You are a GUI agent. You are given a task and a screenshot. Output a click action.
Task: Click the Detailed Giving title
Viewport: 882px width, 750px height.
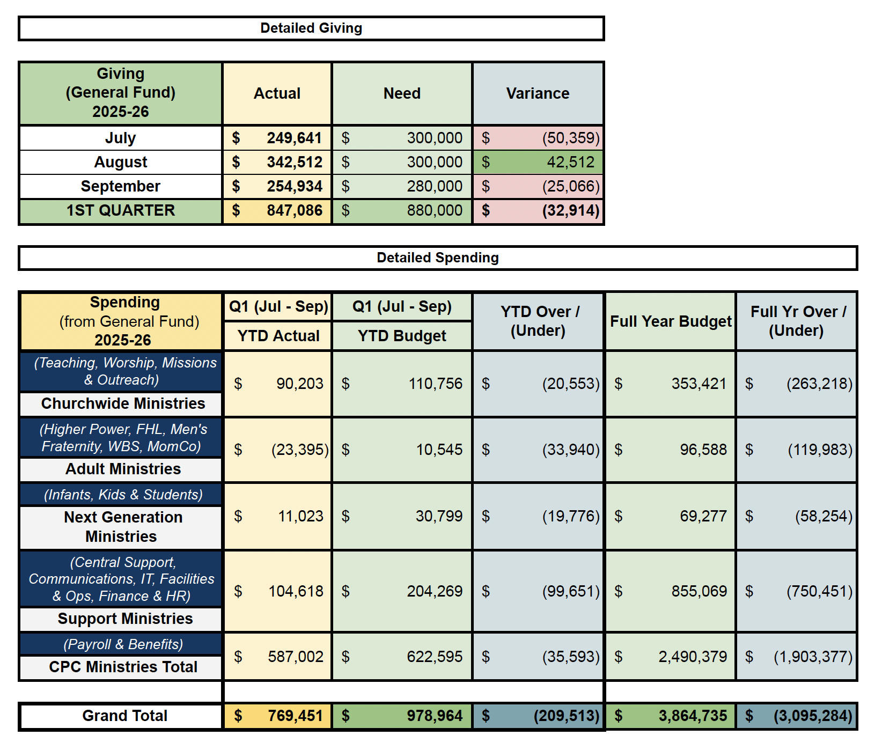[x=311, y=28]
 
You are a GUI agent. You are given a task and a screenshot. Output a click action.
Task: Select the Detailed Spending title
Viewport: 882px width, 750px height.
[x=438, y=258]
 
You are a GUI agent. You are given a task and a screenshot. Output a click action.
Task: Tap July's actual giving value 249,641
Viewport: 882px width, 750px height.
[x=294, y=138]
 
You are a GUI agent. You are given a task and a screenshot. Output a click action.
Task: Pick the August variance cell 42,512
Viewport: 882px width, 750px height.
[x=570, y=163]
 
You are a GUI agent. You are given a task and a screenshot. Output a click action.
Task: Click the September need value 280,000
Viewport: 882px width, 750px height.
[x=434, y=187]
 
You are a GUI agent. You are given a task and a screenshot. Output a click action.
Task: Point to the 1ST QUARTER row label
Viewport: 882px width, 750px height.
[x=121, y=211]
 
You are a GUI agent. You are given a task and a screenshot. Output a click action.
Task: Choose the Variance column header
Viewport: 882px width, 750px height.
[x=538, y=94]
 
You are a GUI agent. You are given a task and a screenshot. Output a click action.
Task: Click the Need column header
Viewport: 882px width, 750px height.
[x=402, y=94]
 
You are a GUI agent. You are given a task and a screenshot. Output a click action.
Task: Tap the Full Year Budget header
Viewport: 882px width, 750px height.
[x=671, y=321]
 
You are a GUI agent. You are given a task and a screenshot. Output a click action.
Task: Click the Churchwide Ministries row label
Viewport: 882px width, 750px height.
[x=123, y=404]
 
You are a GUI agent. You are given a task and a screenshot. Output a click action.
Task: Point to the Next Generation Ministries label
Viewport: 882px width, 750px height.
[x=123, y=527]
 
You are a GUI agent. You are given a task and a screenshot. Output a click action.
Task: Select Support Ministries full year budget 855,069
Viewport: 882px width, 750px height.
[x=699, y=591]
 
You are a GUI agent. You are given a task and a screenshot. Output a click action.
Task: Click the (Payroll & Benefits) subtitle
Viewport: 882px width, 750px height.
[x=123, y=644]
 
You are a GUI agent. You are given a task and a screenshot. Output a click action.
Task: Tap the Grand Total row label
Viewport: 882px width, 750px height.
[x=124, y=716]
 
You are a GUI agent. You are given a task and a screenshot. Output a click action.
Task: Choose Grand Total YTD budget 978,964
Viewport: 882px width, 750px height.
[x=434, y=716]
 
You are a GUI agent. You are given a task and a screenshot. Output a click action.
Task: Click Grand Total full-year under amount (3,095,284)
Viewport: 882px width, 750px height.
[x=812, y=716]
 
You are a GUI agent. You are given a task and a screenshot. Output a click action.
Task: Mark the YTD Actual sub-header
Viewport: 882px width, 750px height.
[x=278, y=336]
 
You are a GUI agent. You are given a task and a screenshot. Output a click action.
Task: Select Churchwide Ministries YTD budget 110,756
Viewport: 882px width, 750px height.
[x=435, y=384]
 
